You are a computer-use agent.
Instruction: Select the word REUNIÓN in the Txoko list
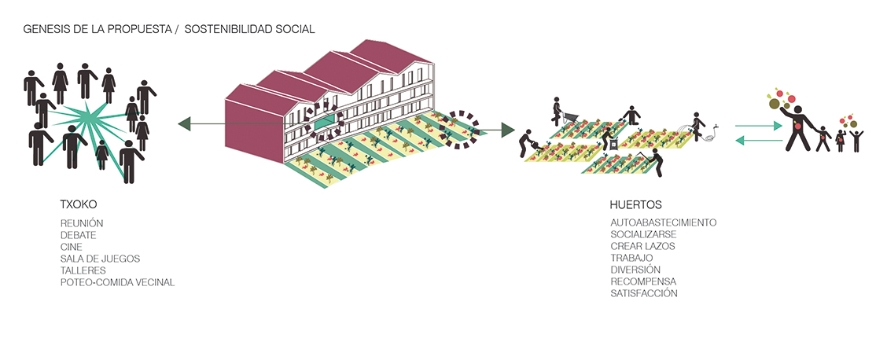[82, 223]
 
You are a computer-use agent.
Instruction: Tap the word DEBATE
[79, 235]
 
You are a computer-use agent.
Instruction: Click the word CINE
[72, 247]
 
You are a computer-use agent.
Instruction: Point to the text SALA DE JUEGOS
[100, 259]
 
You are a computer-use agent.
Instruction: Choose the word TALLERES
[83, 270]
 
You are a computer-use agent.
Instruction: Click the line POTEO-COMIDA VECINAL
[117, 282]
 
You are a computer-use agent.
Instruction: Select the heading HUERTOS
[635, 206]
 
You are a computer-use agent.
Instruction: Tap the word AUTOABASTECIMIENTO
[663, 222]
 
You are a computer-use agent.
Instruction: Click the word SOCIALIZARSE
[643, 234]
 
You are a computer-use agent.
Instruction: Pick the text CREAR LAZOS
[642, 246]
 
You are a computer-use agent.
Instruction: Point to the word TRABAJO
[631, 258]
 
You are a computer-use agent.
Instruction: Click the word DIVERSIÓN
[635, 270]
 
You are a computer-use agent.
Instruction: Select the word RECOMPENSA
[643, 281]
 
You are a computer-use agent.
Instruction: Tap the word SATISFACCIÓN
[644, 293]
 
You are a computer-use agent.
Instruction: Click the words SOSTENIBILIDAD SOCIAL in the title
[255, 29]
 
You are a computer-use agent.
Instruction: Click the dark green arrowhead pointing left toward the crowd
[185, 123]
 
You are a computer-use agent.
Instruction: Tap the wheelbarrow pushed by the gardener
[572, 116]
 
